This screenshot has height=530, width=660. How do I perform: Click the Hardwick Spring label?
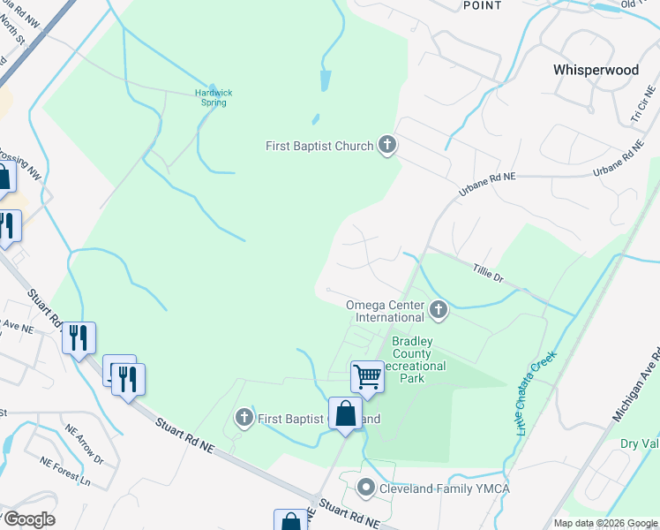tap(212, 97)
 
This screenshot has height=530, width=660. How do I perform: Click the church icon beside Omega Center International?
tap(439, 310)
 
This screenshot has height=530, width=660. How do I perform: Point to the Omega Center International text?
tap(385, 311)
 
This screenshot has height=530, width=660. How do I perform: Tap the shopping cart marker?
tap(367, 376)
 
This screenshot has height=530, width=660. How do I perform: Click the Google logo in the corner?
tap(28, 519)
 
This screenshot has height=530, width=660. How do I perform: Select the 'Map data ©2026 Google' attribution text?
tap(605, 523)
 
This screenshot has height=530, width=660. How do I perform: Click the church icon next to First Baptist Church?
tap(386, 145)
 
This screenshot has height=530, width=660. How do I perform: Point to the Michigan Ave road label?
tap(643, 381)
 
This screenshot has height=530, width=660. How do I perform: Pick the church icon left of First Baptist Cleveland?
tap(244, 417)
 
